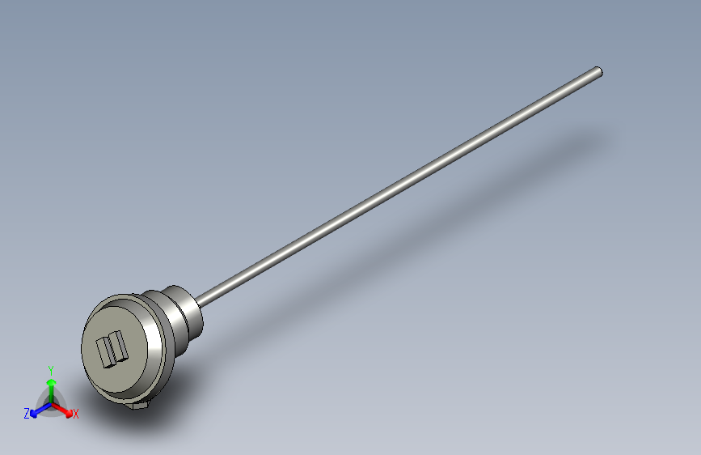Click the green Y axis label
pos(51,370)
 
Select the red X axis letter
pos(75,414)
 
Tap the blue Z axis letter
pos(27,414)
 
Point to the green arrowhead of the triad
pos(52,382)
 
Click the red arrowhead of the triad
pos(69,414)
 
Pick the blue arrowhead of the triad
pos(33,415)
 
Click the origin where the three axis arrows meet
pos(52,404)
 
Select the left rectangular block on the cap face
pos(103,352)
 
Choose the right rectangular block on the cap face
pos(119,347)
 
